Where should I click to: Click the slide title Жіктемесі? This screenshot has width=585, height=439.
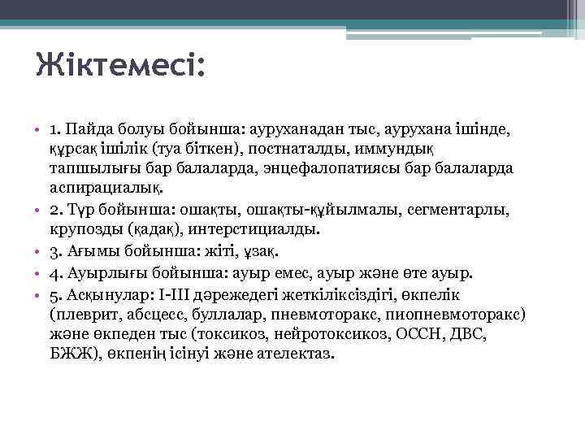coord(119,63)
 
